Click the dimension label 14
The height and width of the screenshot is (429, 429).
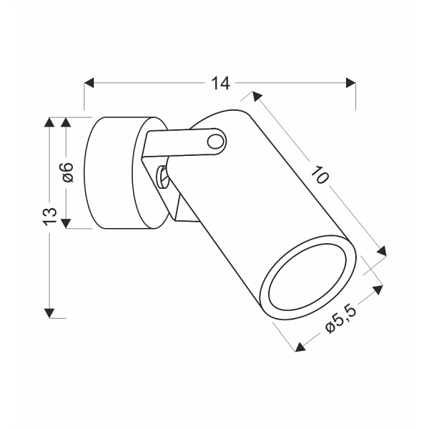220,83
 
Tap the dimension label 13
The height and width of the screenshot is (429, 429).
50,217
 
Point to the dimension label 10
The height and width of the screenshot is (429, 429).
320,174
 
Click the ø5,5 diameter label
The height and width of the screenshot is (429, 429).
340,320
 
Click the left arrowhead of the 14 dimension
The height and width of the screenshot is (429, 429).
89,83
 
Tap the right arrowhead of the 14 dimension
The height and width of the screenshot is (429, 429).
351,83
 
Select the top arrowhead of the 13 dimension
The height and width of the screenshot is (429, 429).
49,122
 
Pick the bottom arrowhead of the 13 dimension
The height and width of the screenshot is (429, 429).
49,313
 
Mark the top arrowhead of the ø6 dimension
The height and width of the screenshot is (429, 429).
66,122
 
